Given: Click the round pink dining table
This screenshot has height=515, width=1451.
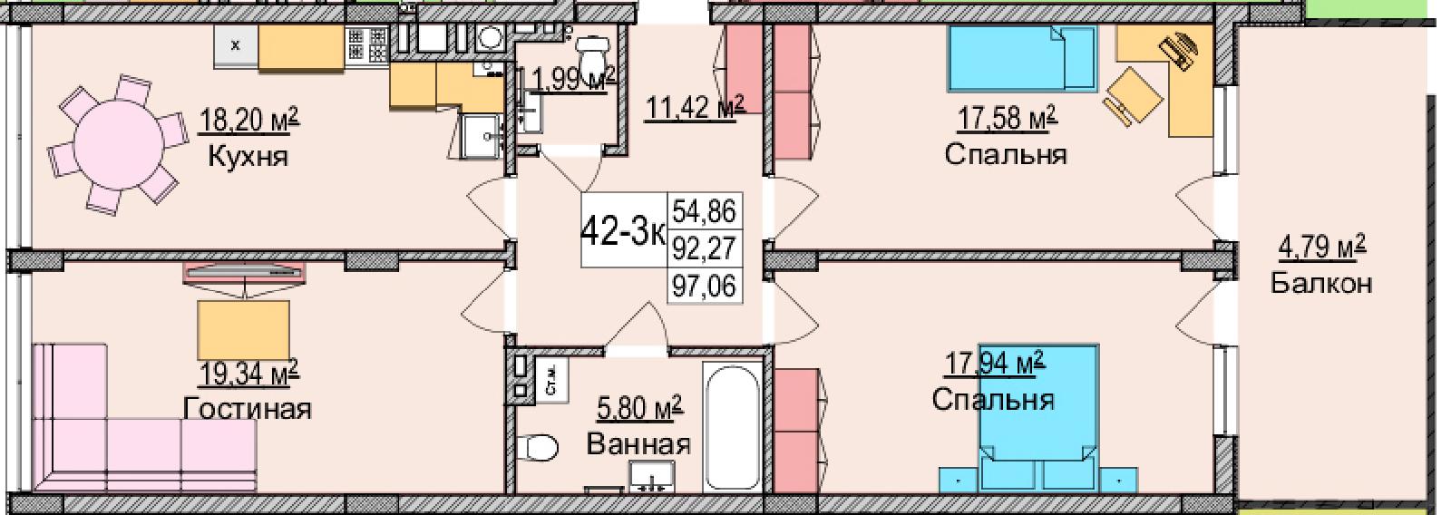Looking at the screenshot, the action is [x=119, y=143].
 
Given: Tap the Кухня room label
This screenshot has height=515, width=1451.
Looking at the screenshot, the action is [x=248, y=157].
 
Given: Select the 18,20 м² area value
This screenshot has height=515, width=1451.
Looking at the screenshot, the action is [x=248, y=121].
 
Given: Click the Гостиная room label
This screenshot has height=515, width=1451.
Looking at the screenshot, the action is [x=248, y=409].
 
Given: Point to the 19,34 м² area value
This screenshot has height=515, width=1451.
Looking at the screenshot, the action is [x=248, y=374].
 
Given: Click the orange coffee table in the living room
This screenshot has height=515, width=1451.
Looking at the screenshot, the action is [x=244, y=330].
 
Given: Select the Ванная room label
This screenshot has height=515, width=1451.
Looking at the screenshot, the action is [x=638, y=444].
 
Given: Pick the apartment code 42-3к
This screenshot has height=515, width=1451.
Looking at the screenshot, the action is [x=624, y=231].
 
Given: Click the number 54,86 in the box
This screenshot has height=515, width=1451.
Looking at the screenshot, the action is [x=705, y=211].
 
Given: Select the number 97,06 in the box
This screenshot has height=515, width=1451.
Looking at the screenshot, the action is [x=705, y=285].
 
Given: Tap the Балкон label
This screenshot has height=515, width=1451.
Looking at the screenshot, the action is [x=1321, y=283].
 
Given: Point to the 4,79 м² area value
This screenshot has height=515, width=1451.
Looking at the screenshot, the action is [x=1322, y=248].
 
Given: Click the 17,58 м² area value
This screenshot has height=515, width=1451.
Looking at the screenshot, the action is [x=1007, y=120].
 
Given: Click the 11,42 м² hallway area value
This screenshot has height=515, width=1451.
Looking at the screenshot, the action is [x=694, y=108].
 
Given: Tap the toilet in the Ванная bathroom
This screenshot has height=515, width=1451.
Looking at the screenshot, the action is [x=539, y=447].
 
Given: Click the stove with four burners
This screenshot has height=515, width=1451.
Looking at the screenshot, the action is [x=367, y=46].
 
